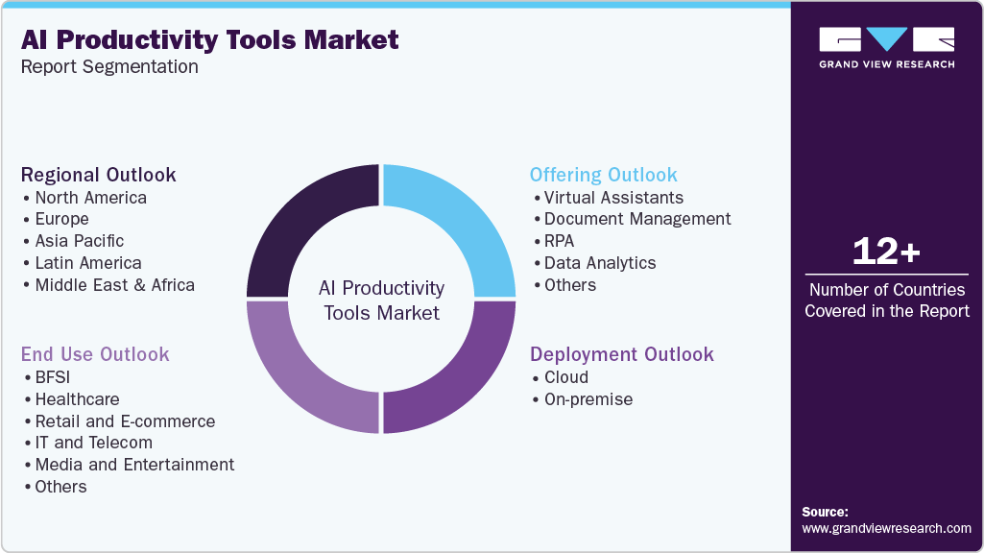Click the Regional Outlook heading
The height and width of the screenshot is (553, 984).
99,175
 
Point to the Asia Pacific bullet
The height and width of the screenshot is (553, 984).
79,241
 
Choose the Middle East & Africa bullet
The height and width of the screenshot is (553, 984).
114,285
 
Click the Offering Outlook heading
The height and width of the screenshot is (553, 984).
603,175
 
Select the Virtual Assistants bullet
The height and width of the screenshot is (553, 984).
613,198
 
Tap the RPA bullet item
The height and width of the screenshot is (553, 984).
559,241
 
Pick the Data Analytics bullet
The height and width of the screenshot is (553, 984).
600,263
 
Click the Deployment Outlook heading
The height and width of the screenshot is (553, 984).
621,354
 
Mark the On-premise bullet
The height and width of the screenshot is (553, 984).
588,399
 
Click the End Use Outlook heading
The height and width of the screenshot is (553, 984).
95,354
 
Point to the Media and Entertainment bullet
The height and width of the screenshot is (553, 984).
134,465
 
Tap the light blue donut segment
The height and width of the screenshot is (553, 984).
460,226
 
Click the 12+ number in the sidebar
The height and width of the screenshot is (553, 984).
886,252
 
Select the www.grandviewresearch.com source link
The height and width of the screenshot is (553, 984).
886,528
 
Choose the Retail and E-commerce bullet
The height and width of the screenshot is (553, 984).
125,421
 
